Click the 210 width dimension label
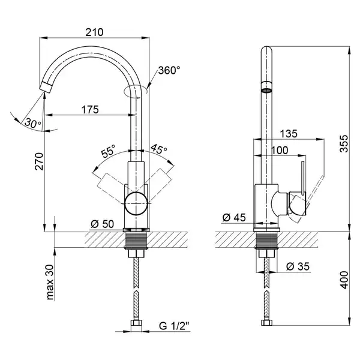click(94, 32)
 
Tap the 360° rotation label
click(169, 70)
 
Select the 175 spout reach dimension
click(90, 110)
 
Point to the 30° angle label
click(33, 123)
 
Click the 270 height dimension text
click(39, 161)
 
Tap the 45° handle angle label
click(158, 149)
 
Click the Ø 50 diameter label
click(103, 224)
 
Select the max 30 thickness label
click(50, 282)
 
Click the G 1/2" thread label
click(174, 326)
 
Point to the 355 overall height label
click(344, 144)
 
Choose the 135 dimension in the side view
click(289, 134)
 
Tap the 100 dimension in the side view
click(280, 151)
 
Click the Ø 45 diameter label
click(234, 217)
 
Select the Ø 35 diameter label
click(298, 266)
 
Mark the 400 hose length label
click(344, 280)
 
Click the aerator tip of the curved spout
click(46, 87)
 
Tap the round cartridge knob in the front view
click(136, 204)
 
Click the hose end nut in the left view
click(136, 323)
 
